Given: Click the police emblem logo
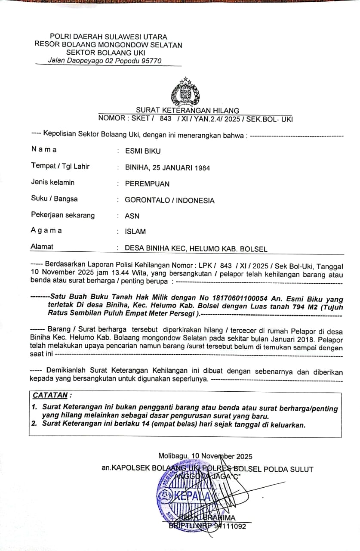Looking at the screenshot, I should click(185, 91).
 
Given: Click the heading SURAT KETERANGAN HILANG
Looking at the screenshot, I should click(188, 111).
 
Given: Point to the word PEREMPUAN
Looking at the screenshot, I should click(147, 184).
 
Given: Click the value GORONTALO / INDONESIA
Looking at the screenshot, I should click(169, 200).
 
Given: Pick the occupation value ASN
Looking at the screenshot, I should click(132, 216).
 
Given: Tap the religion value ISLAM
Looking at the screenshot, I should click(135, 232).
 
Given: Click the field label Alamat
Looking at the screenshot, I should click(42, 247).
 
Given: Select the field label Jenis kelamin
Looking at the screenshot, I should click(52, 183).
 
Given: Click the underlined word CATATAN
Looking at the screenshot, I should click(50, 395).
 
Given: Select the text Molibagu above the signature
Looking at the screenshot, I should click(173, 456).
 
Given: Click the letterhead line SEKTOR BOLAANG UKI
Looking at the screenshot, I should click(108, 53).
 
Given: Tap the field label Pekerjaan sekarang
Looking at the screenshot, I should click(63, 215).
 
